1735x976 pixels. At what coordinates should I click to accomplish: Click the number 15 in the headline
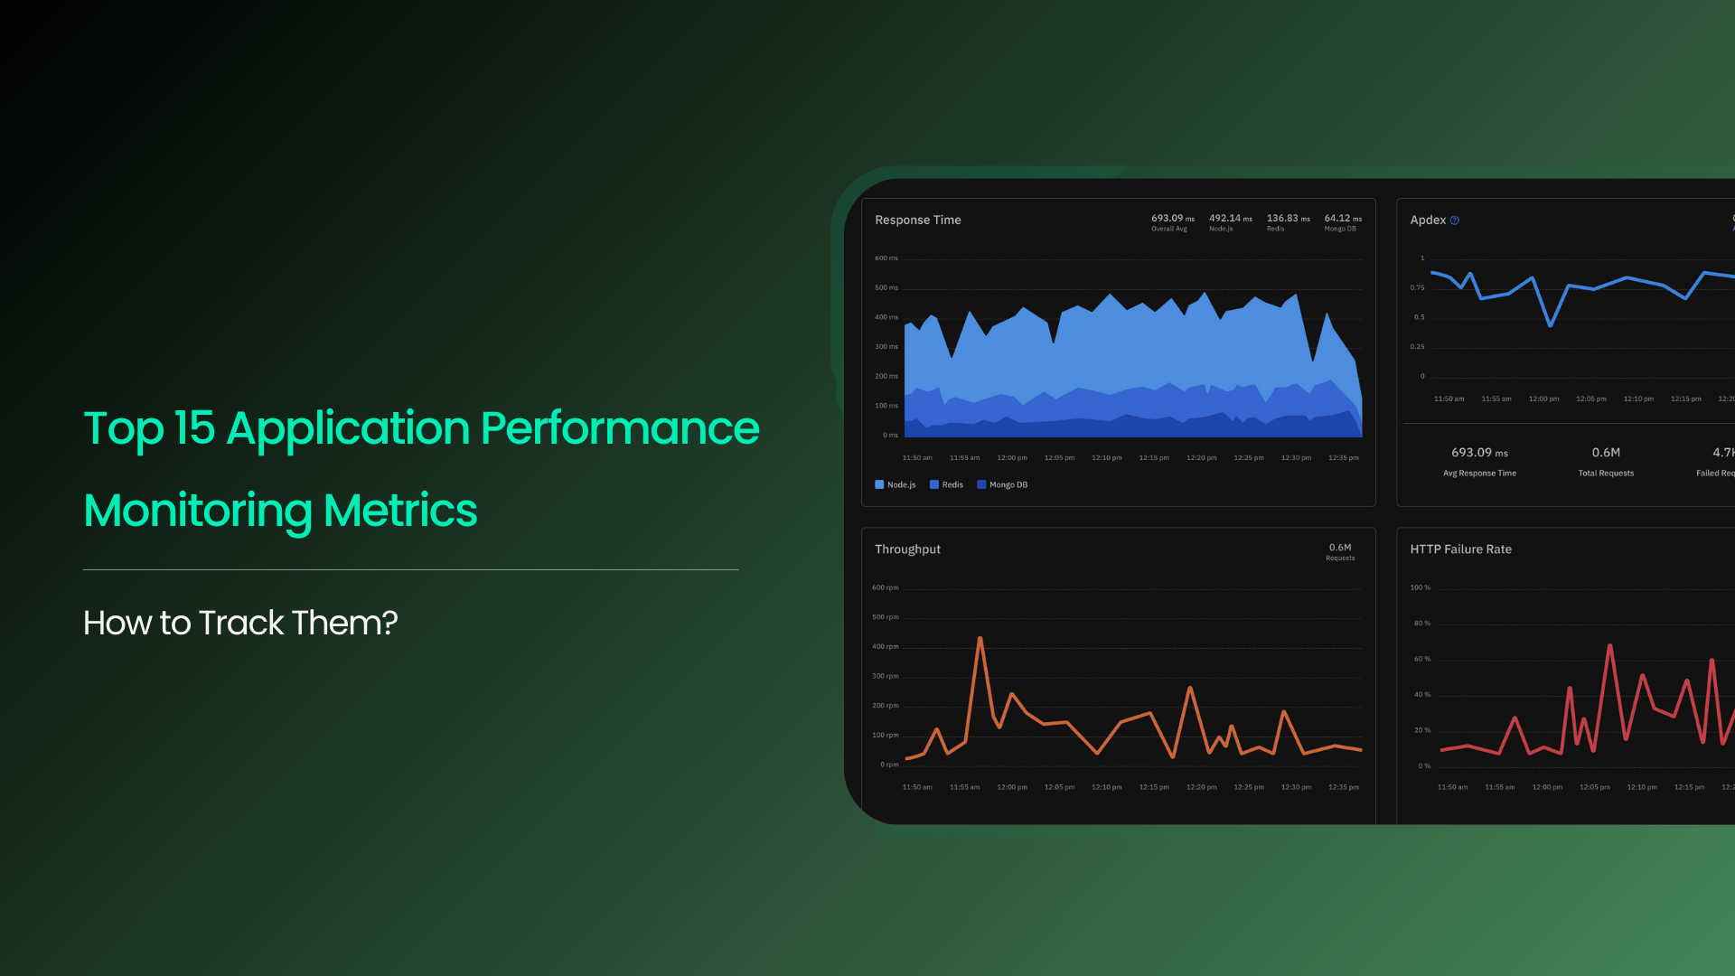(x=194, y=427)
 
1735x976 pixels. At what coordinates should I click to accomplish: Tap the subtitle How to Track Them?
(x=240, y=623)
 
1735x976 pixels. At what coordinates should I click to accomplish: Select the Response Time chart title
(x=917, y=220)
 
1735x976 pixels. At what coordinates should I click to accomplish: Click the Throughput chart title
(x=907, y=549)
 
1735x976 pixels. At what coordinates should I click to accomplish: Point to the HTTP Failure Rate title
(x=1460, y=549)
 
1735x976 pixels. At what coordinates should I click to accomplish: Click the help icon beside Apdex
(x=1454, y=221)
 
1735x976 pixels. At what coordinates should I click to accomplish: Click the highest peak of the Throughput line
(x=980, y=639)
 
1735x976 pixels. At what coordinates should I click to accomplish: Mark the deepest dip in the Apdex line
(x=1551, y=325)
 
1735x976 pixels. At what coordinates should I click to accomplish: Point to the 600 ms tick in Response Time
(x=886, y=258)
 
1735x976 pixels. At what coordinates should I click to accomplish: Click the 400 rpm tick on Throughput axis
(x=885, y=646)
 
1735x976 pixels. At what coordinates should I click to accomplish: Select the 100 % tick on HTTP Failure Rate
(x=1420, y=587)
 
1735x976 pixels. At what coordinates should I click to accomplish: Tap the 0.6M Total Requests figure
(x=1606, y=452)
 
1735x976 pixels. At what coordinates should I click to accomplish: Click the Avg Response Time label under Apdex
(x=1479, y=473)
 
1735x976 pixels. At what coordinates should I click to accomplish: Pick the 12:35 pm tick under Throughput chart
(x=1343, y=787)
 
